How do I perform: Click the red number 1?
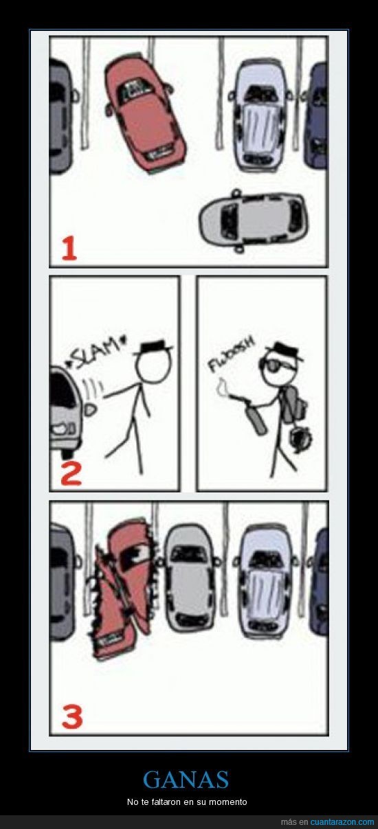[69, 249]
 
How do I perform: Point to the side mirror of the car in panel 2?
[90, 409]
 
